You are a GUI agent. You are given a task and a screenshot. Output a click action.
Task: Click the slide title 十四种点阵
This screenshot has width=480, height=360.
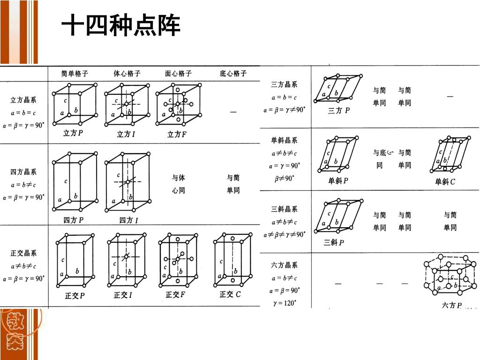click(121, 25)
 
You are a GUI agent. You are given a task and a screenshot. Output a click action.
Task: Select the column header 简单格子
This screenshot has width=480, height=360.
click(75, 74)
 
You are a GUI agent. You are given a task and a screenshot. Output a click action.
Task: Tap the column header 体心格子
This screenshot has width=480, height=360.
click(127, 74)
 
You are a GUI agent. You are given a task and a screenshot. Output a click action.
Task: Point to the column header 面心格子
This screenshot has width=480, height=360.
click(178, 74)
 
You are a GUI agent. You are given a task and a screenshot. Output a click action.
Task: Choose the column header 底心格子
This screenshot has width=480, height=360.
click(233, 74)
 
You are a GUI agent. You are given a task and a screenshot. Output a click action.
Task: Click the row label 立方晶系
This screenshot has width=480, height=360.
click(23, 100)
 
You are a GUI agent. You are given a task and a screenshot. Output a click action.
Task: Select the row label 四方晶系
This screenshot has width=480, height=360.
click(23, 172)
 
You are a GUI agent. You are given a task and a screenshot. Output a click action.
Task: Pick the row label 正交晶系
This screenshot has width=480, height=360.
click(23, 253)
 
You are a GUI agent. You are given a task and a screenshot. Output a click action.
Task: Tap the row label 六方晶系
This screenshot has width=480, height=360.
click(284, 265)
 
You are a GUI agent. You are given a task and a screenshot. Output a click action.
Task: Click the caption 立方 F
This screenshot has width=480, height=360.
click(177, 134)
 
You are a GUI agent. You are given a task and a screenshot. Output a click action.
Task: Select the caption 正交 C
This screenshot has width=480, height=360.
click(230, 294)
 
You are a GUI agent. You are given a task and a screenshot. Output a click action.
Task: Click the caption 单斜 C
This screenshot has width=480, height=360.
click(445, 181)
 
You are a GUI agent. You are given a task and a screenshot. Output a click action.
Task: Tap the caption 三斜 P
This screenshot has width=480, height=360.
click(334, 242)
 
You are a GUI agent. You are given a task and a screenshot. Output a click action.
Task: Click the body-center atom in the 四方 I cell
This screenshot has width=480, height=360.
click(127, 182)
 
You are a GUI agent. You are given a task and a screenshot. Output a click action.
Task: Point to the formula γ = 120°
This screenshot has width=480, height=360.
click(285, 303)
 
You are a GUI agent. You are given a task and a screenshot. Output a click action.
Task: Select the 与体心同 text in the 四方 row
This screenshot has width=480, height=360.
click(179, 184)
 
